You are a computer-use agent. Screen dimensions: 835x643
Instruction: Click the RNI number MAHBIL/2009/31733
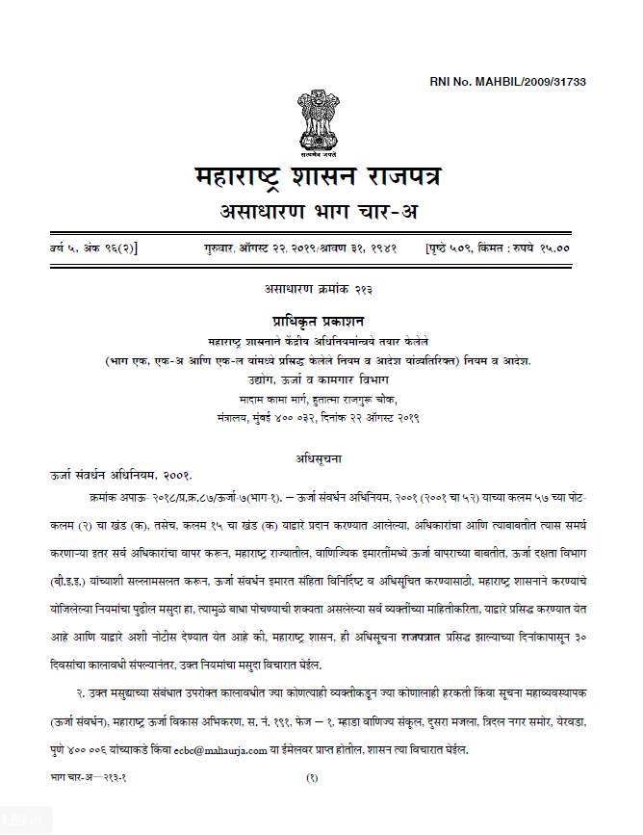point(507,82)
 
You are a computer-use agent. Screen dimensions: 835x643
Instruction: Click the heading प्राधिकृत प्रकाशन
point(318,321)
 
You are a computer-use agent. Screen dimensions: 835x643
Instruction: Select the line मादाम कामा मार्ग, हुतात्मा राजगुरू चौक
point(318,399)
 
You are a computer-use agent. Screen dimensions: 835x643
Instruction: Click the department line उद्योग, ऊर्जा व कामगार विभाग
point(318,379)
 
